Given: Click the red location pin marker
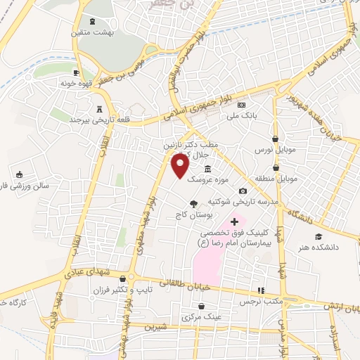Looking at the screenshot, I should pos(180,165).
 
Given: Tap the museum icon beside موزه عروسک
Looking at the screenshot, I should pos(208,170).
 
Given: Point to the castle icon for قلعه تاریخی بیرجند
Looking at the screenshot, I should pos(98,109).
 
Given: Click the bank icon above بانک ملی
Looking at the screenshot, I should pos(241,104).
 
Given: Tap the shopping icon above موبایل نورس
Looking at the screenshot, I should pos(275,139).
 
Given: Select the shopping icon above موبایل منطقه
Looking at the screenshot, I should pos(276,168).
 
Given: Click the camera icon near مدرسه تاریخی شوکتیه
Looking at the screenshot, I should pos(243,191).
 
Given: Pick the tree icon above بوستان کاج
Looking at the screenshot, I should pos(193,204).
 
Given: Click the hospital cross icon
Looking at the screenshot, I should pos(235,222).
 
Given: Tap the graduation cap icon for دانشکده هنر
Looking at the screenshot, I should pos(319,236).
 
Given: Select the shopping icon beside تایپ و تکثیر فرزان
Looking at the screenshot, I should pos(123,278).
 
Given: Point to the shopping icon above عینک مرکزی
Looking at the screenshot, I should pos(202,307).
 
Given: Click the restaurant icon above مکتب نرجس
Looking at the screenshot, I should pos(261,290).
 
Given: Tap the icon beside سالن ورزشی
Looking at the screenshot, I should pos(19,175).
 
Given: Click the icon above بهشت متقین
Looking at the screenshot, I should pos(91,22).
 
